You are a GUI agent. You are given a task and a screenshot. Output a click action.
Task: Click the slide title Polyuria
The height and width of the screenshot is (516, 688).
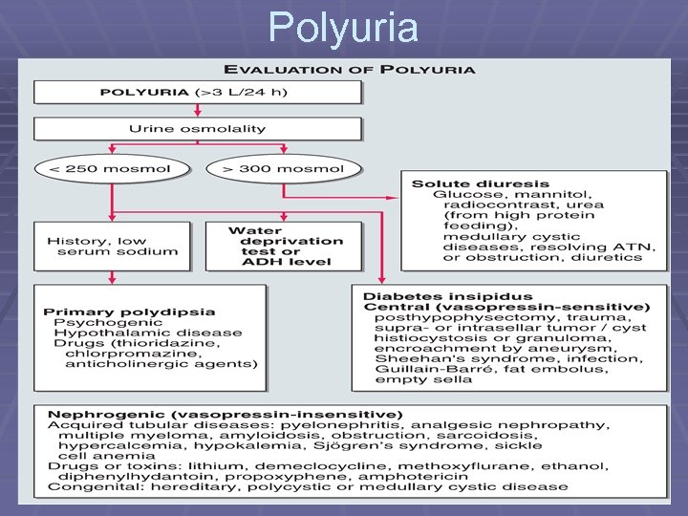tap(343, 27)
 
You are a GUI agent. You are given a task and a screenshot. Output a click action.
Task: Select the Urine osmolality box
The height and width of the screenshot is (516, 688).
tap(198, 129)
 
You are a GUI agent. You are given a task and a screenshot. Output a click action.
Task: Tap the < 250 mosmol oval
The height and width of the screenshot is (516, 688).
tap(111, 169)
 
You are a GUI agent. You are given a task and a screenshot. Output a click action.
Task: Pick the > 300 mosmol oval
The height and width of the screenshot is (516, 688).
tap(284, 169)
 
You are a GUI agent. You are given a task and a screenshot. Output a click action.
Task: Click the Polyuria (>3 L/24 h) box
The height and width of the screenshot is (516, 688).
tap(198, 93)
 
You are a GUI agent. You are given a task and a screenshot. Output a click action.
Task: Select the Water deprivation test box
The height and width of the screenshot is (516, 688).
tap(284, 246)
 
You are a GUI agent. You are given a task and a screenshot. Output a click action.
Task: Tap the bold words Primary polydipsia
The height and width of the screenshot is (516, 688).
tap(129, 312)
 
